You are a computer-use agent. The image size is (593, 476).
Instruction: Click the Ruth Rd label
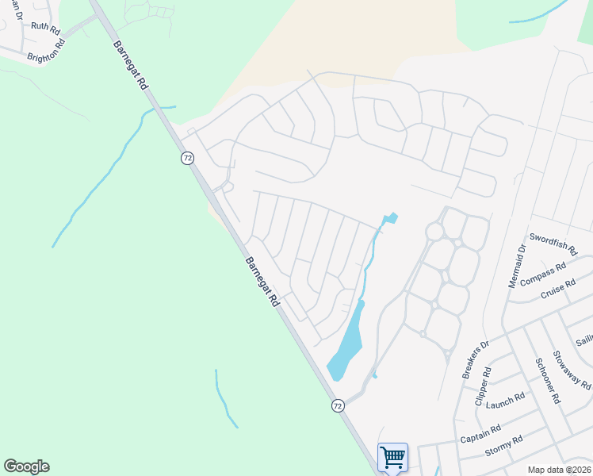click(45, 27)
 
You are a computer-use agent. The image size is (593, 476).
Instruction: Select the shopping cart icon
click(392, 457)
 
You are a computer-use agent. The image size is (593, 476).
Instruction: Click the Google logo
click(26, 466)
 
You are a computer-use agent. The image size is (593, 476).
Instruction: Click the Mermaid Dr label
click(517, 266)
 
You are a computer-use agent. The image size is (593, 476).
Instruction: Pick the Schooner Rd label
click(543, 378)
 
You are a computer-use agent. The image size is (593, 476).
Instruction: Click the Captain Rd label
click(480, 433)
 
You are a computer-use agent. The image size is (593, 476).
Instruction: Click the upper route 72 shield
click(187, 158)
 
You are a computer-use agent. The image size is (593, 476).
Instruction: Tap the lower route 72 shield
click(339, 405)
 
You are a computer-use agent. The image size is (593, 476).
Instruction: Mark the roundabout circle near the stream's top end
click(434, 231)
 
